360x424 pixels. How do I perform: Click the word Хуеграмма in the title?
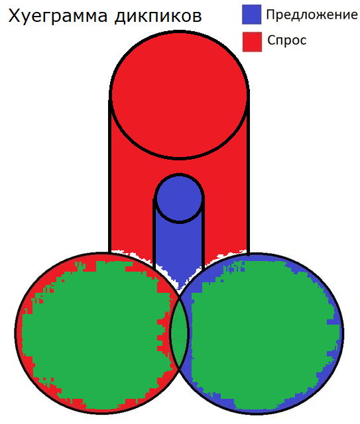(x=58, y=16)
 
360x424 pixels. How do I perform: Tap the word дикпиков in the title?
(x=158, y=17)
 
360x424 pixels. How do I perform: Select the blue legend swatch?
(x=252, y=15)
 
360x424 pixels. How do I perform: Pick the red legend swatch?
(x=252, y=42)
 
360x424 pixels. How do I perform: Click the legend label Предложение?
(x=312, y=15)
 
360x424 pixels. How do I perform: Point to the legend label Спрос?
(x=287, y=40)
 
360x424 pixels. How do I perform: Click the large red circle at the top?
(x=180, y=95)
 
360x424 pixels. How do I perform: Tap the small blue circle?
(x=180, y=198)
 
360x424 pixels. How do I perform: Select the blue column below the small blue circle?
(x=179, y=252)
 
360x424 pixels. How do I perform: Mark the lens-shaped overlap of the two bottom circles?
(x=179, y=333)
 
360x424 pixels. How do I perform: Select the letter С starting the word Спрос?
(x=272, y=40)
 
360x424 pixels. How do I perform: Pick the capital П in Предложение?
(x=270, y=15)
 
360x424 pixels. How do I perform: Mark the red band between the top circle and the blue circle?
(x=180, y=166)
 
